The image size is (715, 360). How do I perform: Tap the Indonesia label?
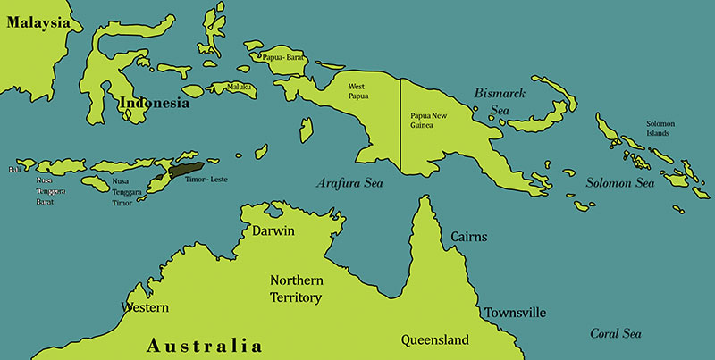click(155, 104)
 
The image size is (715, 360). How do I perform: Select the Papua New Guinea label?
click(427, 121)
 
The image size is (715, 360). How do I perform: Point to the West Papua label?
click(357, 91)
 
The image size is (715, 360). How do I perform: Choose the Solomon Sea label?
click(620, 183)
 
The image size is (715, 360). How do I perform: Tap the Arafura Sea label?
click(349, 183)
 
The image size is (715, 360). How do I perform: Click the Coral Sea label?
click(616, 333)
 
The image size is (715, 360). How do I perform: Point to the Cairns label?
click(469, 237)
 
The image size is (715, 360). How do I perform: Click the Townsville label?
click(515, 313)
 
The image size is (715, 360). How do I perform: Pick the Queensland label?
click(435, 340)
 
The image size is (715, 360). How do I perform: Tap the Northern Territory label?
click(296, 289)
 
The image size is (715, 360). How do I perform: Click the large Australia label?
click(205, 345)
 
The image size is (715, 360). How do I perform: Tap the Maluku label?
click(240, 87)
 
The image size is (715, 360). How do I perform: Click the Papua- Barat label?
click(284, 57)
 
